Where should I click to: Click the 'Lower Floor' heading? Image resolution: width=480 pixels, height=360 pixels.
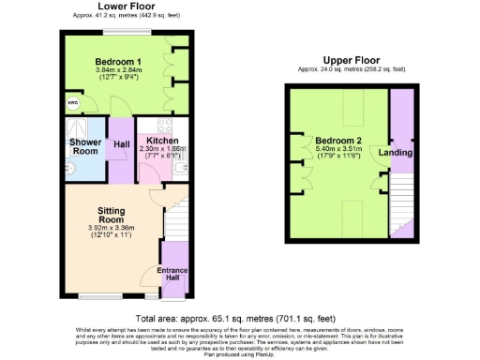127,7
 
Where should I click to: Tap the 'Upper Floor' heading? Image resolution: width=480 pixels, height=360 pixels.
348,59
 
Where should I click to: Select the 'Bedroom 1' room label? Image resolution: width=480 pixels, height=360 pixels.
117,61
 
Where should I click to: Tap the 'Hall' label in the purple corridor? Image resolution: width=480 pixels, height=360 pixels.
121,144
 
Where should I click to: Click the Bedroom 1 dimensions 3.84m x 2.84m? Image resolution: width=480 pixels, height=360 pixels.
117,74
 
